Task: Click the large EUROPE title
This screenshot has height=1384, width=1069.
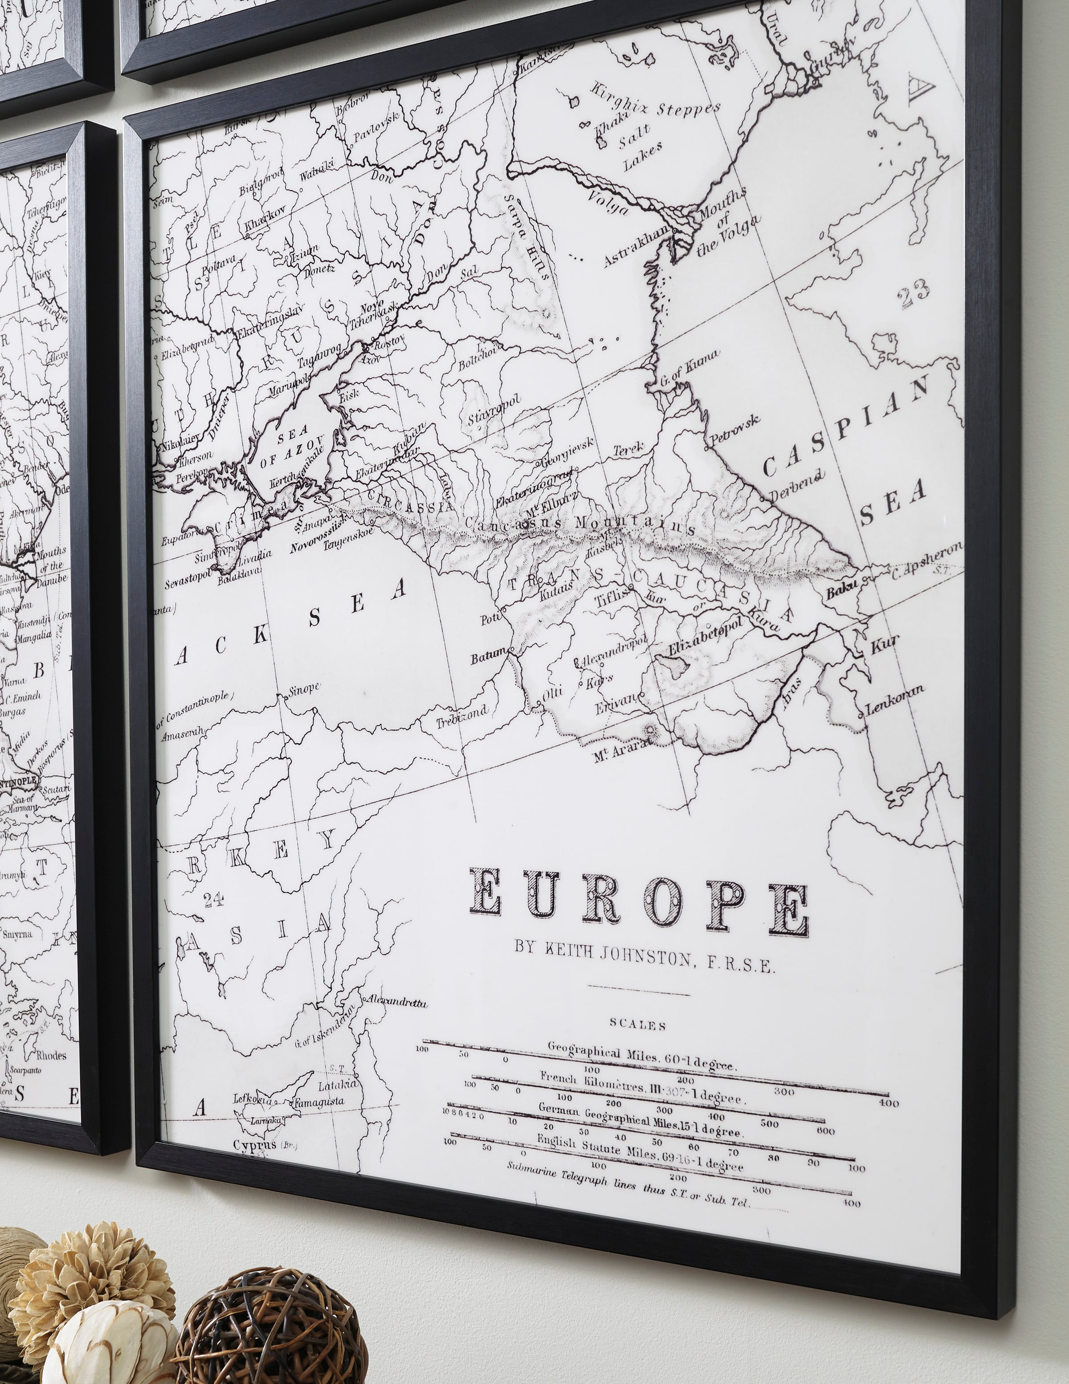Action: pyautogui.click(x=638, y=900)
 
